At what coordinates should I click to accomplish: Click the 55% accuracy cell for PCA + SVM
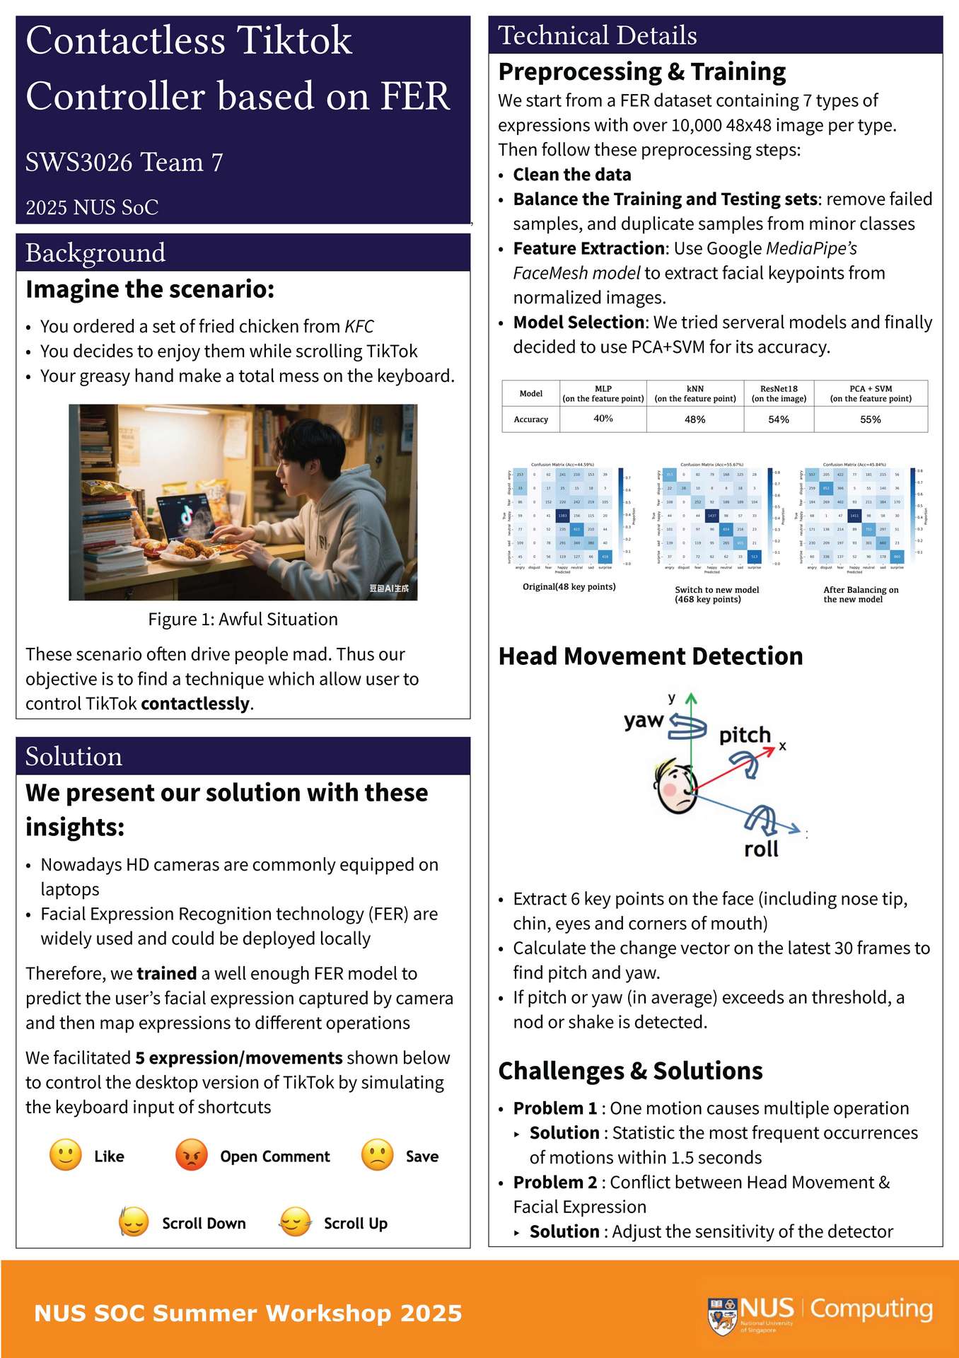[871, 419]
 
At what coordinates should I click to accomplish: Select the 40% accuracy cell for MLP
[603, 419]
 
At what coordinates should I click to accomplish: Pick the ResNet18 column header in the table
[779, 393]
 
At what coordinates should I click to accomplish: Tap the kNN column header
[695, 393]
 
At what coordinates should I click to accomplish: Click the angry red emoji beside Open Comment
[191, 1155]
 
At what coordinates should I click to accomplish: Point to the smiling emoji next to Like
[66, 1155]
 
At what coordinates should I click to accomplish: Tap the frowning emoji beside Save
[378, 1155]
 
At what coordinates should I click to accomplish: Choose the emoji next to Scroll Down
[134, 1221]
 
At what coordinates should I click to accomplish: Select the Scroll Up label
[355, 1224]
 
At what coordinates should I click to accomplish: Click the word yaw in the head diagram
[644, 721]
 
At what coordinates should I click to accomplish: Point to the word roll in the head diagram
[761, 849]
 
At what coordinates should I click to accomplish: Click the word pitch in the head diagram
[745, 735]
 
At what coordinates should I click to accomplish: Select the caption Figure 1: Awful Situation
[243, 620]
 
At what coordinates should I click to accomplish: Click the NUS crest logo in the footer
[722, 1316]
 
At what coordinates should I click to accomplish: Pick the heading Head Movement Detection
[651, 656]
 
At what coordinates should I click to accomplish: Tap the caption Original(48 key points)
[569, 586]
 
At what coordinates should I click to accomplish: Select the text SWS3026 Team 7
[124, 163]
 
